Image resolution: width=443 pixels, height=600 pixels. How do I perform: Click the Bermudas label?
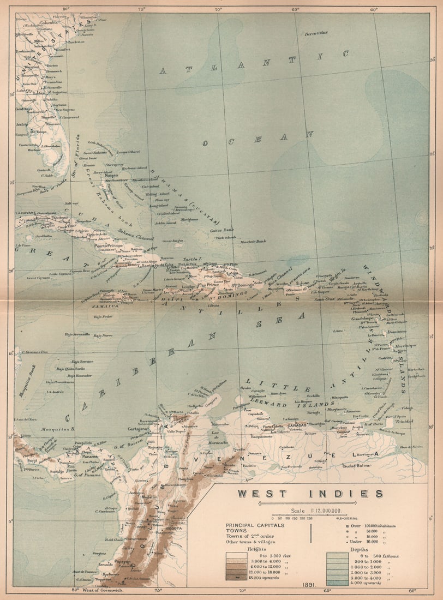(316, 33)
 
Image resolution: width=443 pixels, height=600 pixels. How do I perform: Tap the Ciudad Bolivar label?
(356, 465)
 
